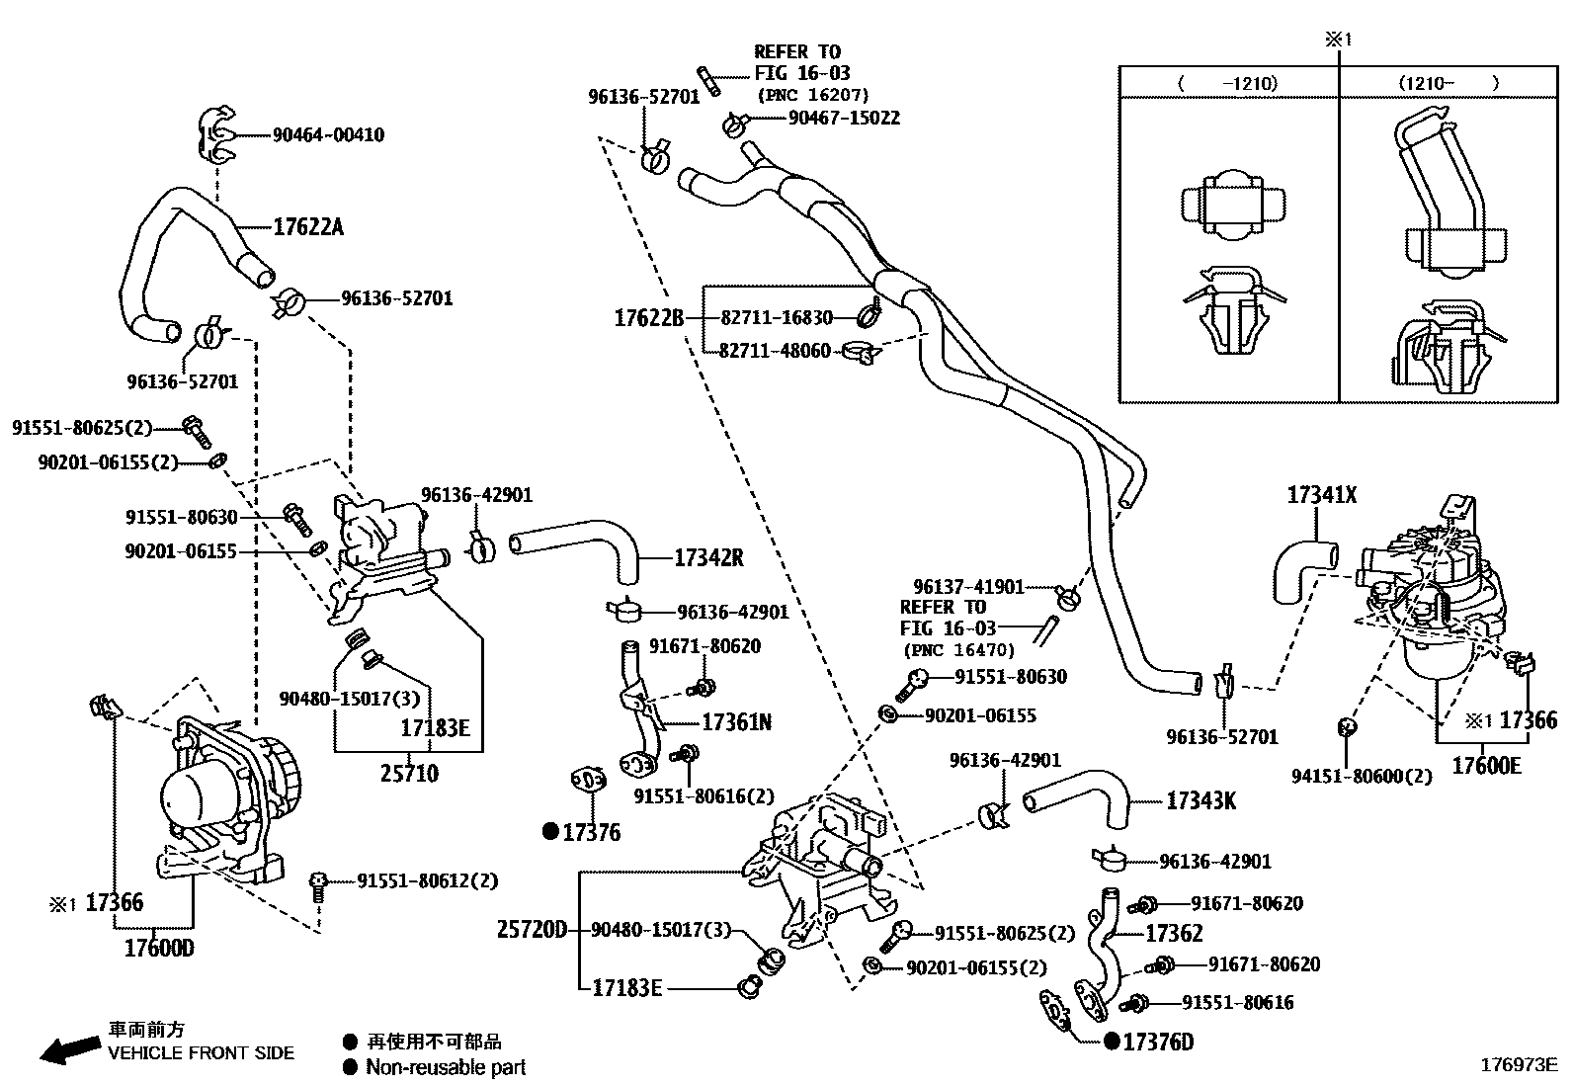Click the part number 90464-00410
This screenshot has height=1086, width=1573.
(x=328, y=134)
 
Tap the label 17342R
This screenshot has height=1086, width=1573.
(x=708, y=558)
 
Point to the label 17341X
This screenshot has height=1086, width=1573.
(x=1321, y=495)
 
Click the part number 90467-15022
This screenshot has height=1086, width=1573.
(x=844, y=118)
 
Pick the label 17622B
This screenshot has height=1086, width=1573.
(x=648, y=318)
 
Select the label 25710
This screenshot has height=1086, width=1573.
(x=409, y=773)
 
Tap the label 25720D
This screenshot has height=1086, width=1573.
(x=532, y=930)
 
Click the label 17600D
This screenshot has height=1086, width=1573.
(x=159, y=949)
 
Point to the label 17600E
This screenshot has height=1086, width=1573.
(x=1485, y=765)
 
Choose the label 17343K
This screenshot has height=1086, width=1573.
(x=1200, y=800)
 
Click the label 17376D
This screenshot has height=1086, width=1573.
(x=1158, y=1042)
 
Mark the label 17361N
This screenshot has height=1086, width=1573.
(x=736, y=722)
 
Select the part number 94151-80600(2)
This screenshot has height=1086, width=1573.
(x=1362, y=777)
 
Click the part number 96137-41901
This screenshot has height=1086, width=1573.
(x=968, y=587)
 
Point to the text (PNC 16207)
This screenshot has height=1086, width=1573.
(x=812, y=95)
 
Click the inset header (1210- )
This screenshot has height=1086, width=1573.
(x=1449, y=83)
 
